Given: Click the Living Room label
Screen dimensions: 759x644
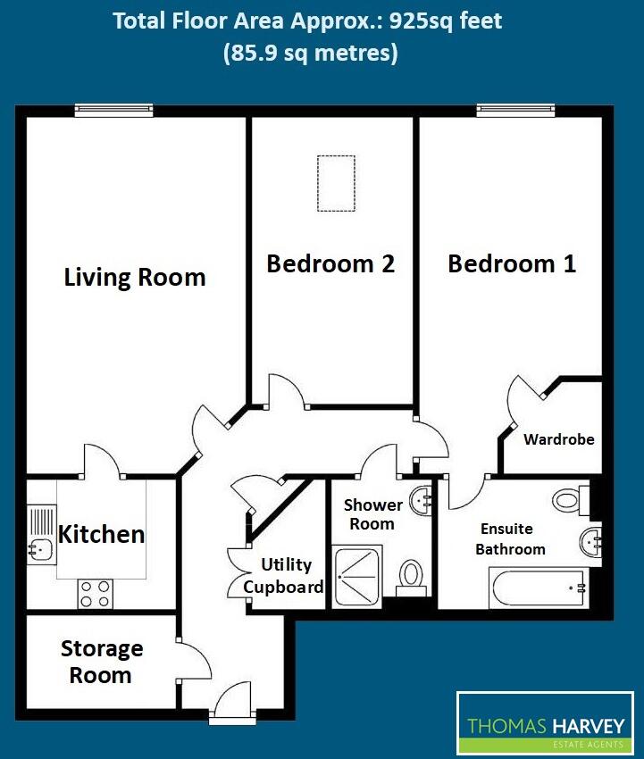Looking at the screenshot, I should click(x=135, y=277).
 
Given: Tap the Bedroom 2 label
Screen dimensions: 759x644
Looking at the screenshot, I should click(x=330, y=263).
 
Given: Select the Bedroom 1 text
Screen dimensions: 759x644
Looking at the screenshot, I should click(x=511, y=263).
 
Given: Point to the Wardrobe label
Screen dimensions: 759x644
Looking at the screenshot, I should click(x=558, y=439).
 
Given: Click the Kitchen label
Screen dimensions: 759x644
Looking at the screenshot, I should click(x=101, y=534).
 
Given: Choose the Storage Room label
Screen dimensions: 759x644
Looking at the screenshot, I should click(x=101, y=662).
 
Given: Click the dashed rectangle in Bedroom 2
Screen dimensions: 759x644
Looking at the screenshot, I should click(x=336, y=183).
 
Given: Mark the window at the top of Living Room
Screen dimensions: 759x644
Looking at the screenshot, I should click(x=113, y=111).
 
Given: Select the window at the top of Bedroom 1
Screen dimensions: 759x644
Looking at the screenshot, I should click(x=515, y=111).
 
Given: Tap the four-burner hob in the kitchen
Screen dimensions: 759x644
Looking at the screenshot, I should click(x=95, y=592).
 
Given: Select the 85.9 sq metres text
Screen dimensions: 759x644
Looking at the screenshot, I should click(x=309, y=54).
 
